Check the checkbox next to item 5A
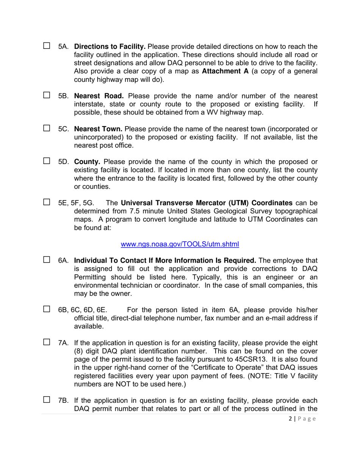pos(47,46)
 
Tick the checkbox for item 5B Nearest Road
pos(47,95)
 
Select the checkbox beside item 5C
pos(47,128)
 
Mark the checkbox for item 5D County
pos(47,161)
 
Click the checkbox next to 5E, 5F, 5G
pos(47,202)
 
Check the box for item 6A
pos(47,260)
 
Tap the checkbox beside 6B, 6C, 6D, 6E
pos(47,309)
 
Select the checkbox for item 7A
pos(47,342)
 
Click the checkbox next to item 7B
pos(47,399)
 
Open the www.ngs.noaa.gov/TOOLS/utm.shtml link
pos(180,244)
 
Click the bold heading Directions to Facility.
pos(110,47)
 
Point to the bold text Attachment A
pos(225,71)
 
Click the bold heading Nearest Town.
pos(98,129)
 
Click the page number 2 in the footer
pos(290,419)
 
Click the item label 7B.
pos(63,400)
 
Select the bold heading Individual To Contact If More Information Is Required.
pos(165,261)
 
